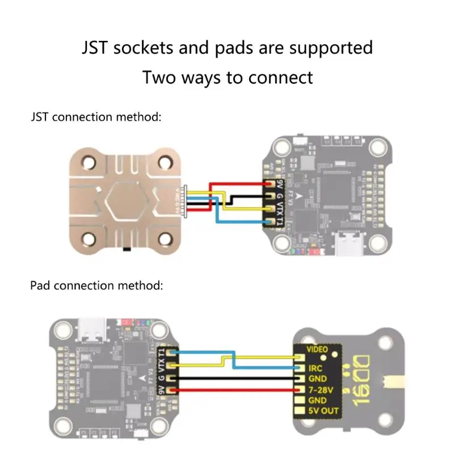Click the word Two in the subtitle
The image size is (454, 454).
[x=160, y=77]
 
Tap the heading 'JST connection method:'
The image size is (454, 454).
[x=96, y=117]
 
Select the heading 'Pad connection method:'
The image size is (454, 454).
[x=96, y=285]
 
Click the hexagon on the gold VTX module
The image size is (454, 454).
[x=125, y=201]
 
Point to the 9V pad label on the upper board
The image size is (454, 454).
[x=279, y=185]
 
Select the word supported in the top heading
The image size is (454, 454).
[x=331, y=47]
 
